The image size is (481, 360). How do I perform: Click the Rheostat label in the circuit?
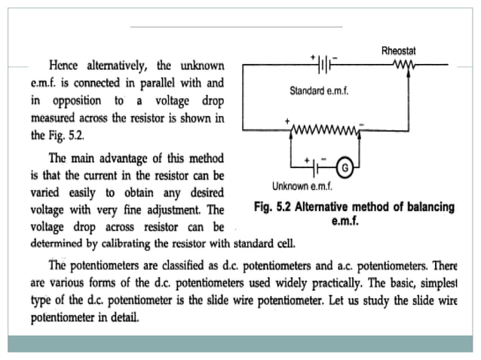pos(399,50)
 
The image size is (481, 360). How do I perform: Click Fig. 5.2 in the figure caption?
pos(275,206)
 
